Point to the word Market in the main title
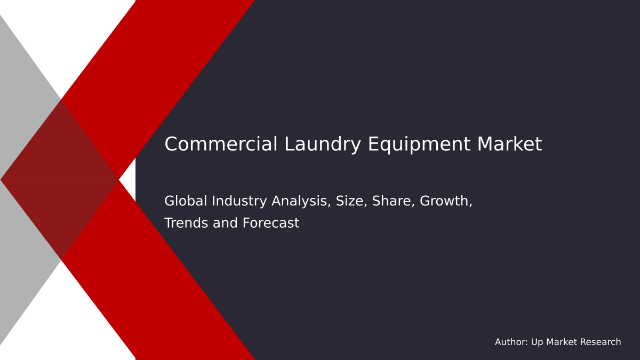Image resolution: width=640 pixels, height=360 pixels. point(509,145)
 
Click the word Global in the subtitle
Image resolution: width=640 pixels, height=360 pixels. point(186,201)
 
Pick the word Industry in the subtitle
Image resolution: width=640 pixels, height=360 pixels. point(239,201)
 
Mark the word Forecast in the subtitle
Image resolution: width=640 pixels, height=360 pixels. point(271,223)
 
